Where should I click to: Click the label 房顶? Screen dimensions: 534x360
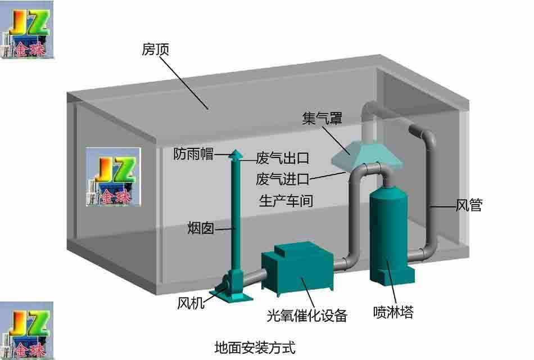[155, 49]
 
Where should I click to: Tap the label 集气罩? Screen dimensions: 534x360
[322, 118]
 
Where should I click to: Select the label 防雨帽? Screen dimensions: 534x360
[193, 154]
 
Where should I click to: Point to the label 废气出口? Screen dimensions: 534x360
[283, 158]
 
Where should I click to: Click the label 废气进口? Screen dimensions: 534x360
[283, 179]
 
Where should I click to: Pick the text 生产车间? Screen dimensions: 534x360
[286, 200]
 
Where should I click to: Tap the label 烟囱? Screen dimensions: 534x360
[201, 228]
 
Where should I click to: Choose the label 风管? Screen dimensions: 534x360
[469, 205]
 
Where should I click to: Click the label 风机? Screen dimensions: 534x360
[191, 303]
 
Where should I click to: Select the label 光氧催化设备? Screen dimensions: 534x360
[307, 316]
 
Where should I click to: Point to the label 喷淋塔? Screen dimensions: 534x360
[393, 312]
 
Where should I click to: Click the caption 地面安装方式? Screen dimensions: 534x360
[255, 348]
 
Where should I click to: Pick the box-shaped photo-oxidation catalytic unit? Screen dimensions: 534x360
[297, 269]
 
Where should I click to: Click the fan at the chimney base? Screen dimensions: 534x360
[231, 286]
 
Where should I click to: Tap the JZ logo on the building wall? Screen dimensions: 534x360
[113, 177]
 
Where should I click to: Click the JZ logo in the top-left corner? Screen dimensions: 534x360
[26, 29]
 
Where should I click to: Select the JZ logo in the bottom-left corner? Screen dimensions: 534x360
[26, 330]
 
